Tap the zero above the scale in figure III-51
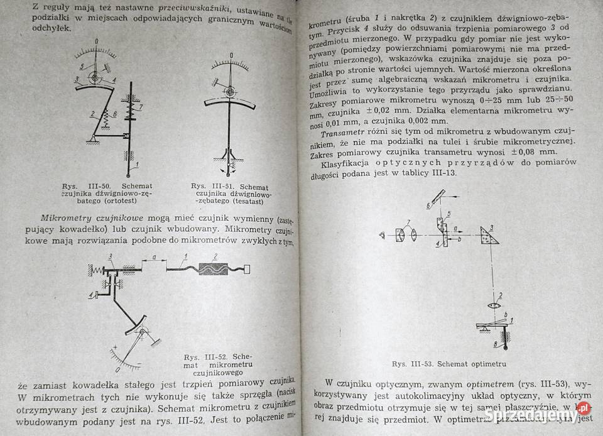coord(231,62)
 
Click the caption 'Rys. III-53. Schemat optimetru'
coord(449,364)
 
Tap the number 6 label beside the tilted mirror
coord(428,205)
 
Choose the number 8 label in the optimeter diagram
coord(496,344)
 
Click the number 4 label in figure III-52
coord(92,294)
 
